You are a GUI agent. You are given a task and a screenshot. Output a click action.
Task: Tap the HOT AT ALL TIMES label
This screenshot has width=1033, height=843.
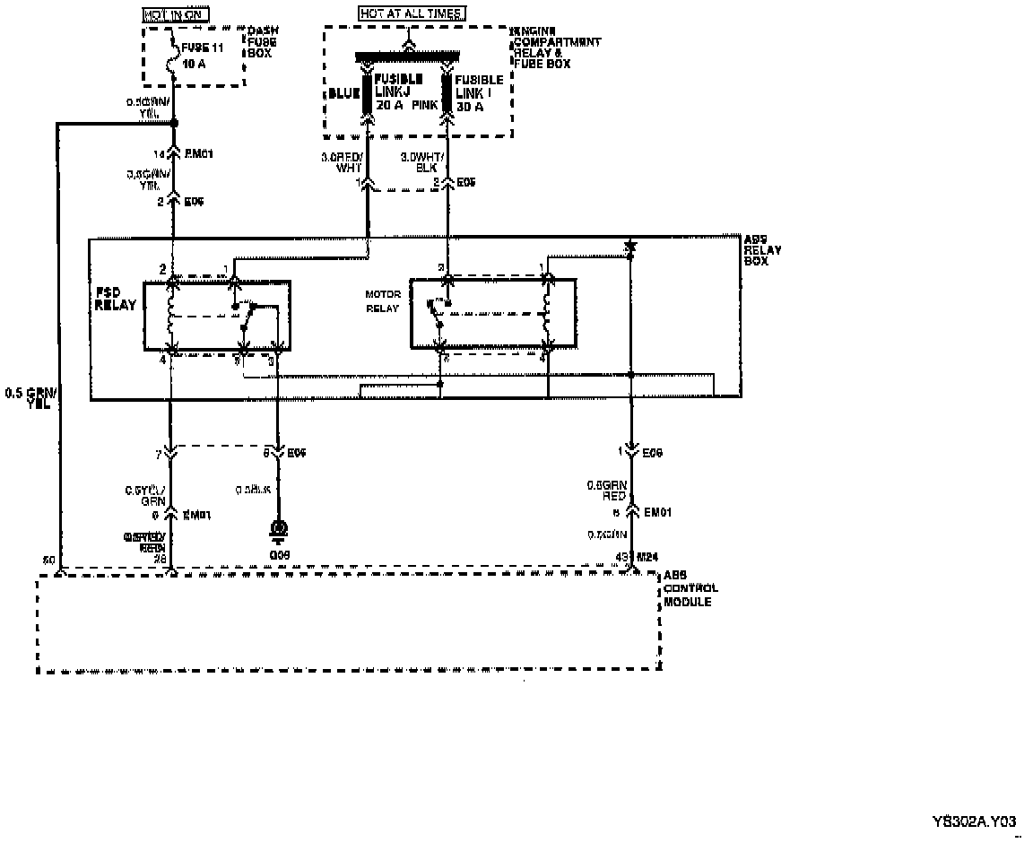point(412,14)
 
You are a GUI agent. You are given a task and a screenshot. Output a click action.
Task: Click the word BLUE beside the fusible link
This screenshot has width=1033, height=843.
point(343,92)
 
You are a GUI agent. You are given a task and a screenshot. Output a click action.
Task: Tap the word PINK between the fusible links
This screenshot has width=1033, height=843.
point(424,106)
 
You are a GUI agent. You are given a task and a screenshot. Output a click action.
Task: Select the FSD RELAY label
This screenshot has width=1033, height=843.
point(117,299)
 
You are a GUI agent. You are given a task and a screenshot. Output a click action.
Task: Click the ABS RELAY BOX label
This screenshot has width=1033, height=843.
point(762,250)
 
